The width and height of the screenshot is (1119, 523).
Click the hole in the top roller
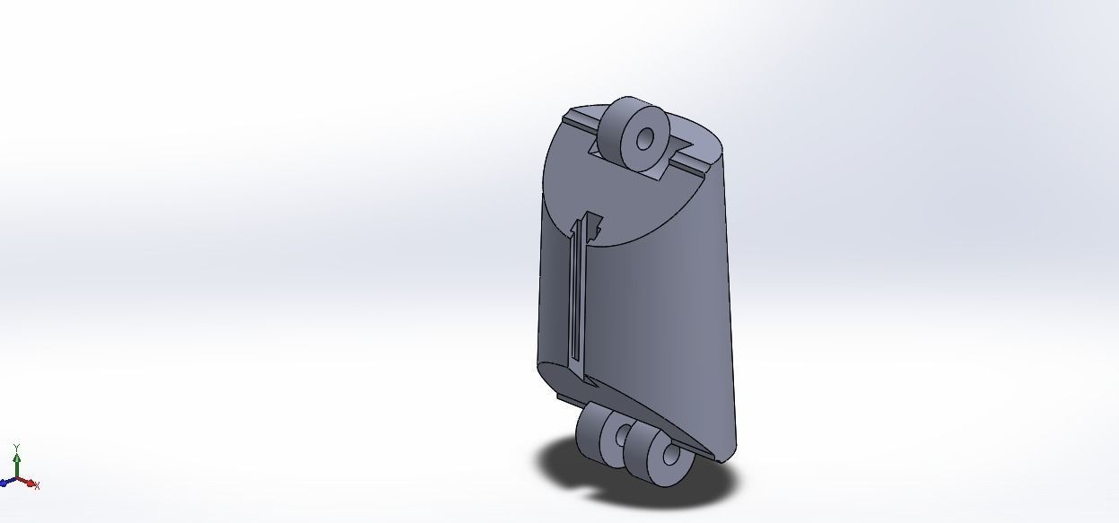645,139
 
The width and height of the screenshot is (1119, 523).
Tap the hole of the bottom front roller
669,456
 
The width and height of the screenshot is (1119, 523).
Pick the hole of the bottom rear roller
621,436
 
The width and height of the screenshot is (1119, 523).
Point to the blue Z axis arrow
7,482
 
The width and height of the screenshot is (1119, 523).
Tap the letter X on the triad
37,485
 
